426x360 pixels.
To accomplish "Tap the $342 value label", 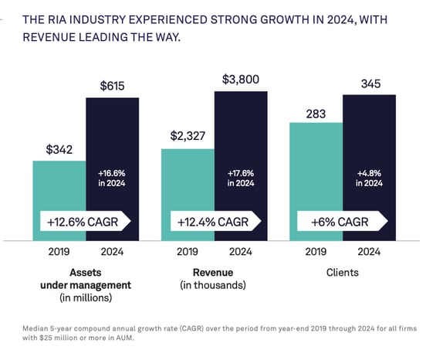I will (x=59, y=149).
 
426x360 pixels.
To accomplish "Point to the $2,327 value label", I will (x=188, y=137).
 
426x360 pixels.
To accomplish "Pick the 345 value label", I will (x=369, y=82).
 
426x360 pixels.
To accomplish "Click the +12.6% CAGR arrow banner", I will (x=84, y=221).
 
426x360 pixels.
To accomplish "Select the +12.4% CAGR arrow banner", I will (x=212, y=221).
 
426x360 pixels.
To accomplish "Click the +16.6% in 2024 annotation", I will (x=113, y=178).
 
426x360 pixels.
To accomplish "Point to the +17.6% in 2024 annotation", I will (x=241, y=178).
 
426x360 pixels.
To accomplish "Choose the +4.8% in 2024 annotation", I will (x=369, y=178).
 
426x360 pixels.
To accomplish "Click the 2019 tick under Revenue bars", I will (x=188, y=252).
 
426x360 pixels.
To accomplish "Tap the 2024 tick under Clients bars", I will (x=369, y=252).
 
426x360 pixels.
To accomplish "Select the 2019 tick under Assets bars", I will (x=59, y=252).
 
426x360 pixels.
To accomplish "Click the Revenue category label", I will (x=214, y=272).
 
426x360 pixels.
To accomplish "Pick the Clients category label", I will (x=342, y=272).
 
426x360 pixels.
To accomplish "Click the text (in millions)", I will (x=86, y=297).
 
